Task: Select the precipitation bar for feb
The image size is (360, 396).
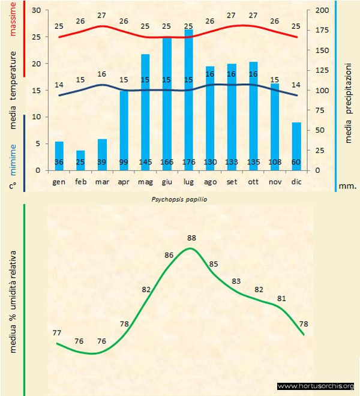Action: point(80,160)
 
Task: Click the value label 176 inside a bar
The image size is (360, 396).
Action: point(188,162)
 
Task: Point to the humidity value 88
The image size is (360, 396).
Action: point(191,238)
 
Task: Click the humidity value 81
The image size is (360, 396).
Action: point(282,298)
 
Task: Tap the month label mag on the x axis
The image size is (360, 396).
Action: point(145,181)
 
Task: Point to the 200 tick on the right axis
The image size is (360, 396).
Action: point(322,11)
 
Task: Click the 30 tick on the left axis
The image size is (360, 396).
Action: point(36,11)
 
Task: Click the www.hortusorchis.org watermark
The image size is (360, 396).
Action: point(316,386)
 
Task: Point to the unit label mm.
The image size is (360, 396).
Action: point(347,186)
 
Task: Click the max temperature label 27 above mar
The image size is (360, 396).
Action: point(101,15)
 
